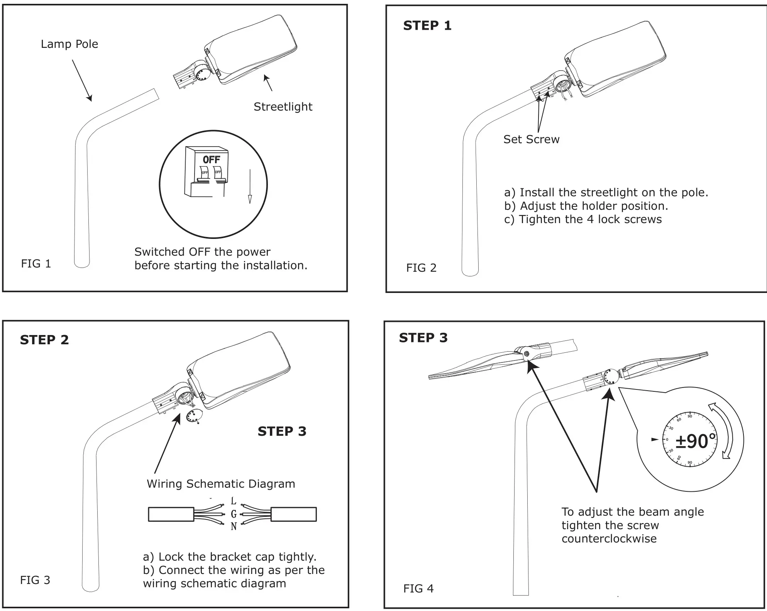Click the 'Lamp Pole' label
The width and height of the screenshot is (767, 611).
pyautogui.click(x=69, y=44)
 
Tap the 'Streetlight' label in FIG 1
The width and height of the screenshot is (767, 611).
pyautogui.click(x=283, y=107)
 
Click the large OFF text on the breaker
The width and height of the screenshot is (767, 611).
pyautogui.click(x=212, y=159)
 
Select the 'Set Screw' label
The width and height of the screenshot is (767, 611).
pyautogui.click(x=531, y=139)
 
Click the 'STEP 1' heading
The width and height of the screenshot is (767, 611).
pyautogui.click(x=427, y=25)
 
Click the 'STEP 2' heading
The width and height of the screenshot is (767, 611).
pyautogui.click(x=44, y=340)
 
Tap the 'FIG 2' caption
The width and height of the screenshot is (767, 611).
pyautogui.click(x=421, y=268)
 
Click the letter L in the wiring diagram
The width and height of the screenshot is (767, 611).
pyautogui.click(x=233, y=501)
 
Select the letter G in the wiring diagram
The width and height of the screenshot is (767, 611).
pyautogui.click(x=233, y=514)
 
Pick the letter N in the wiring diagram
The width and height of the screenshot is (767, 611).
pyautogui.click(x=233, y=526)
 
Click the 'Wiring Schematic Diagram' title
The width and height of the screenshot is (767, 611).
pyautogui.click(x=221, y=484)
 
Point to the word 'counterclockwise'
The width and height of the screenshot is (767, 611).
pyautogui.click(x=609, y=539)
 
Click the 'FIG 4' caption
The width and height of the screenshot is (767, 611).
pyautogui.click(x=418, y=589)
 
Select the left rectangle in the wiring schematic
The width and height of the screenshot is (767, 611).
pyautogui.click(x=171, y=515)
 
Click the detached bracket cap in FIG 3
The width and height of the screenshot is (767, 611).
pyautogui.click(x=194, y=416)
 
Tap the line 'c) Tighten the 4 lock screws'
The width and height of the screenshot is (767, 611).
pyautogui.click(x=582, y=220)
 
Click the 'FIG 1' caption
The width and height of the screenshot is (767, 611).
pyautogui.click(x=36, y=264)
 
